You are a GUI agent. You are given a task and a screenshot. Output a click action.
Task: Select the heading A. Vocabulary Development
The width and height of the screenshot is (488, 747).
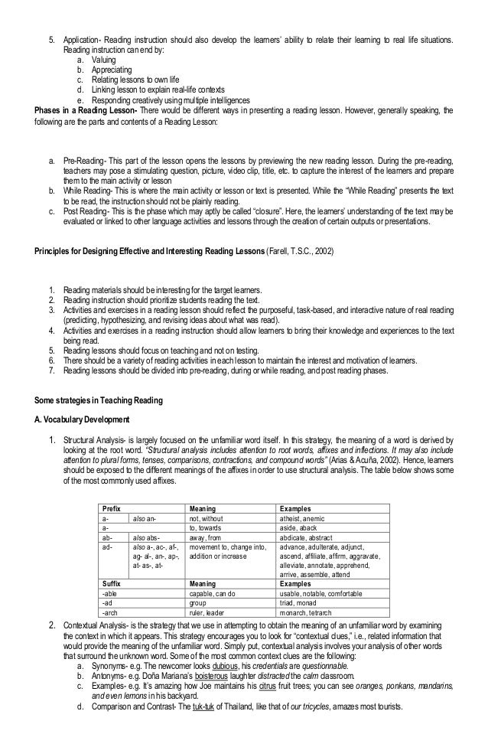pyautogui.click(x=76, y=419)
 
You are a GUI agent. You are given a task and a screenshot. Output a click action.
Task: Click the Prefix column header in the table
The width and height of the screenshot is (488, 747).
pyautogui.click(x=112, y=509)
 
